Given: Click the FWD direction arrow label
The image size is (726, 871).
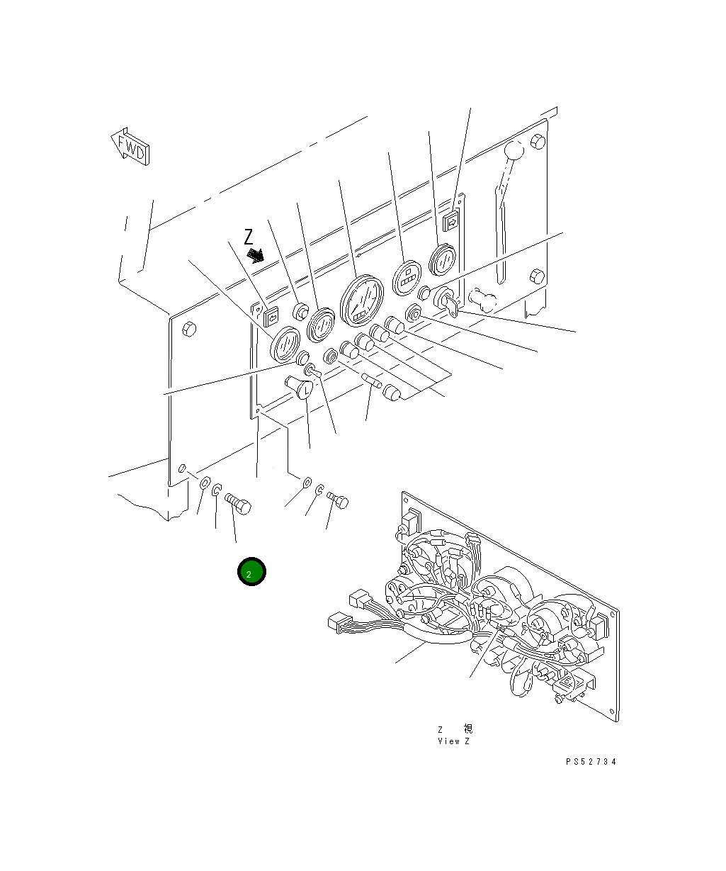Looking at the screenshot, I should coord(130,147).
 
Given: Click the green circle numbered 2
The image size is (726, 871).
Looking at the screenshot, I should coord(251,572).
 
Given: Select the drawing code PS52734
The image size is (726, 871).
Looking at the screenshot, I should coord(591,762).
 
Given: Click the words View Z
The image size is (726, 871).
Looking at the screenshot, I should coord(453,741).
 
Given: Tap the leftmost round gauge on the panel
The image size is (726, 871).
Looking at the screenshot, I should coord(286,344).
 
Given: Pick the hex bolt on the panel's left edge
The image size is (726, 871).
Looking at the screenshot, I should coord(188,328).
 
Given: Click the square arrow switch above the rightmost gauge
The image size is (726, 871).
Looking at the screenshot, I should coord(450,223).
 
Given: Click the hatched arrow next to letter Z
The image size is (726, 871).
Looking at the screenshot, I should coord(256,254).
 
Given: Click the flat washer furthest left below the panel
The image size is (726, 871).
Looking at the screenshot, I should coord(204,484).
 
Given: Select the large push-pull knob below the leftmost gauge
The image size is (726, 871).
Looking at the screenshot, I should coord(300,387).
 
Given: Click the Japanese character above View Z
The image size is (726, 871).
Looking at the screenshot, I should coord(467,729).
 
